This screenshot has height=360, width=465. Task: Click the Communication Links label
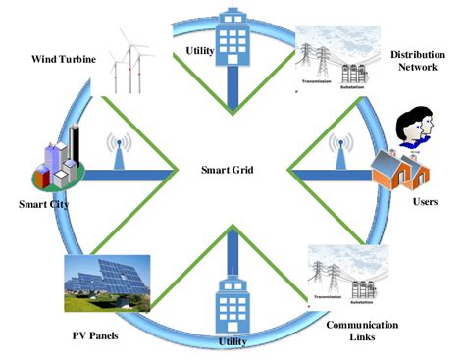point(363,331)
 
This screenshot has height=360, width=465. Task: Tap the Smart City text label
point(43,206)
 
